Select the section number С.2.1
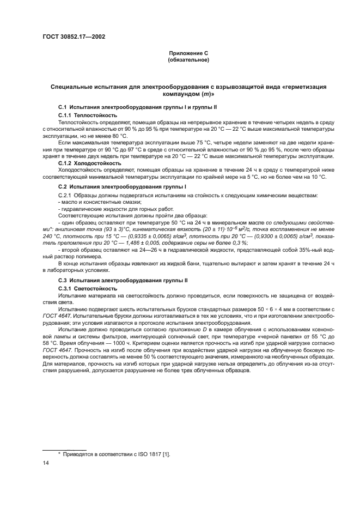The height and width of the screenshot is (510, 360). pos(66,195)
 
